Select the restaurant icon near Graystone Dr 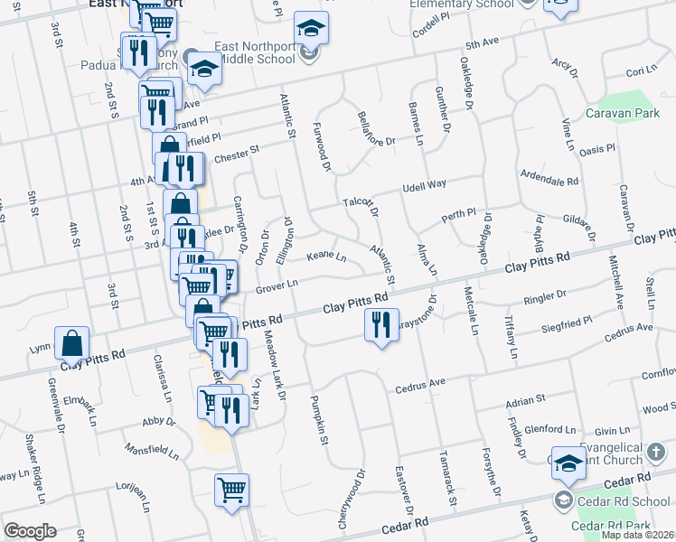tap(381, 324)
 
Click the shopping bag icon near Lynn tap(71, 343)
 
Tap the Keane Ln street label tap(327, 257)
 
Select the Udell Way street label tap(425, 184)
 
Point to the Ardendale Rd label tap(549, 177)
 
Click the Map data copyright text tap(638, 535)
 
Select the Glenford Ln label tap(550, 429)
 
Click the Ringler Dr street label tap(547, 294)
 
